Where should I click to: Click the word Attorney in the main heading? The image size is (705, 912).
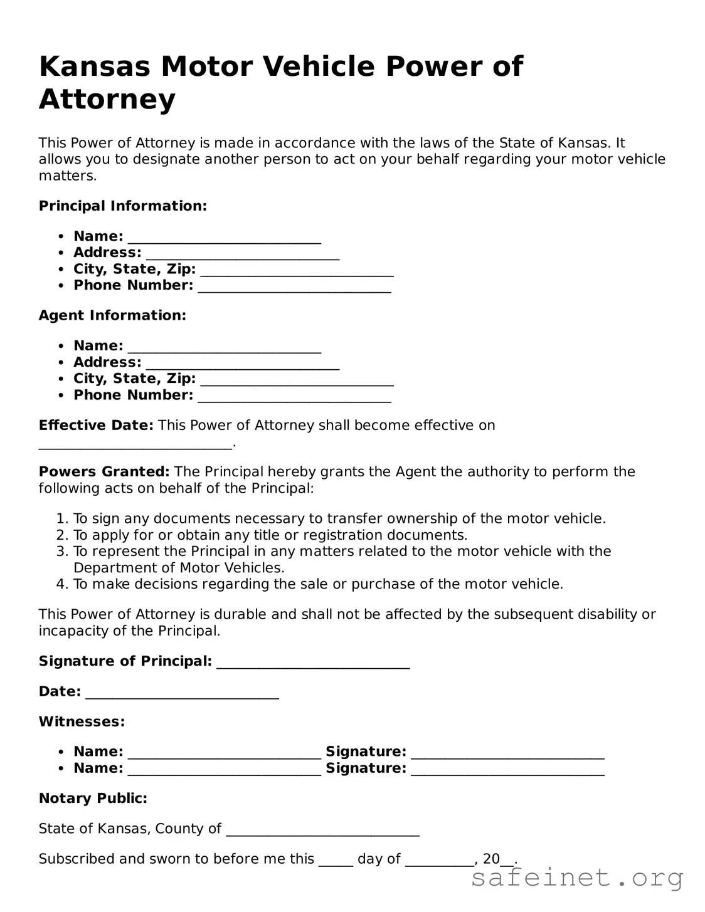click(x=107, y=99)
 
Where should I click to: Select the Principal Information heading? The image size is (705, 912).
click(x=122, y=206)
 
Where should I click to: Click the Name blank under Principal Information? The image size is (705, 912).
click(x=224, y=238)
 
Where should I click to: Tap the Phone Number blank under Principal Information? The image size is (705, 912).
click(x=294, y=286)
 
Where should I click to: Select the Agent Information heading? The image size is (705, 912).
click(x=112, y=315)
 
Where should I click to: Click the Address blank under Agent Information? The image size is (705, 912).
click(x=242, y=364)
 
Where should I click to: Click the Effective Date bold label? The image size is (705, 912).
click(x=95, y=426)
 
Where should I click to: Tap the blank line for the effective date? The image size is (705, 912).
click(x=135, y=444)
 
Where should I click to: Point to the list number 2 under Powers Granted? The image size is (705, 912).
click(x=61, y=535)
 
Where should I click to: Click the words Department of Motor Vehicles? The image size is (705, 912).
click(x=178, y=568)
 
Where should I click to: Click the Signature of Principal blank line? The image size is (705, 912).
click(x=313, y=663)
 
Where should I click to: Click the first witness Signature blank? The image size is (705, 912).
click(x=507, y=753)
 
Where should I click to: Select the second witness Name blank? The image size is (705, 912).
click(x=224, y=770)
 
